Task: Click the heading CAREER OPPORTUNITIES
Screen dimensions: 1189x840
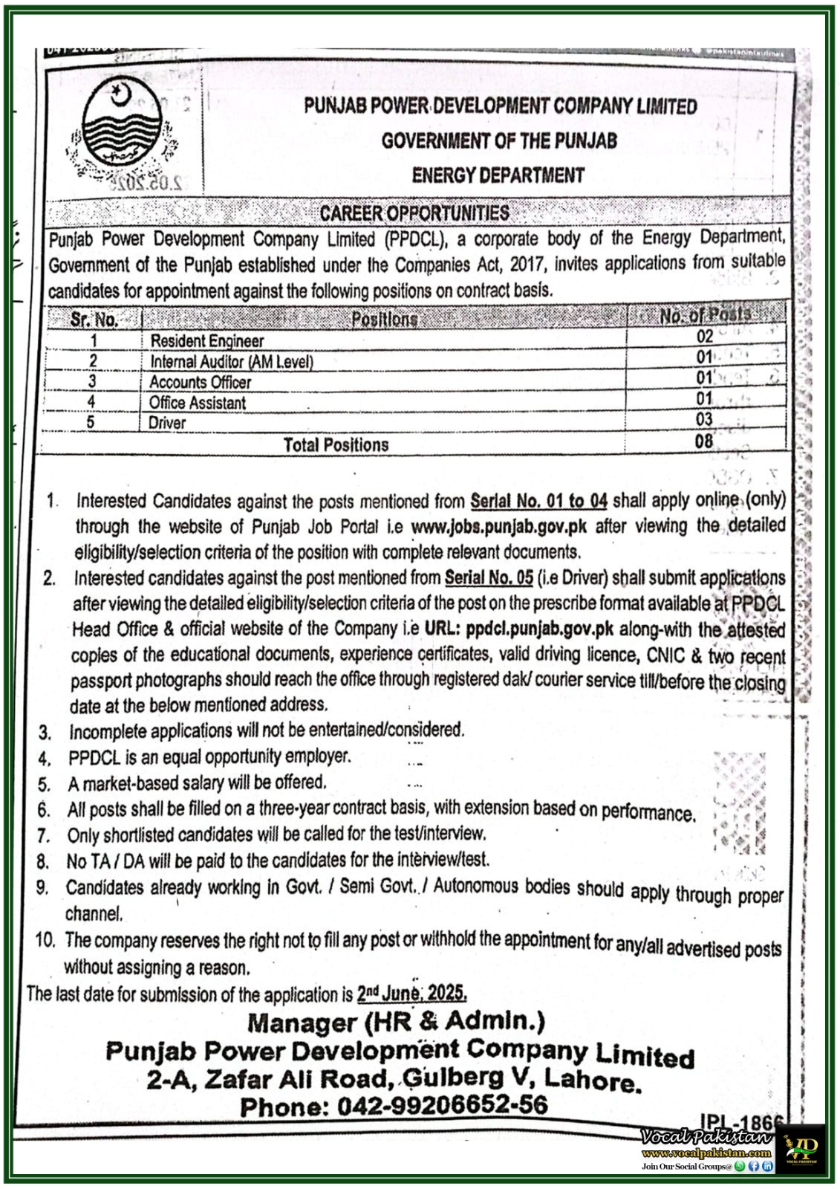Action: pyautogui.click(x=414, y=213)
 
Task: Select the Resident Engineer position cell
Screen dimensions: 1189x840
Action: pyautogui.click(x=206, y=341)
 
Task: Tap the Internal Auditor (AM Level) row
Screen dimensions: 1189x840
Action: pyautogui.click(x=231, y=362)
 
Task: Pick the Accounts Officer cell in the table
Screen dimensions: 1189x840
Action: pyautogui.click(x=200, y=382)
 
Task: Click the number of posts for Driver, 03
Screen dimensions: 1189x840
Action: pyautogui.click(x=703, y=420)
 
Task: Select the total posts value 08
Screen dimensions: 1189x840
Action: pyautogui.click(x=703, y=441)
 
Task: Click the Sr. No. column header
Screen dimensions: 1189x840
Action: pyautogui.click(x=94, y=320)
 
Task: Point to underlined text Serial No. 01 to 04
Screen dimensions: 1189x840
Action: pyautogui.click(x=538, y=501)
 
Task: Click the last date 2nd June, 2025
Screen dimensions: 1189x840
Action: pyautogui.click(x=411, y=994)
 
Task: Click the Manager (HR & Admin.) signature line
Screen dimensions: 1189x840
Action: pyautogui.click(x=396, y=1023)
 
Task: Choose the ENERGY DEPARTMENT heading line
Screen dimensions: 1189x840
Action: pyautogui.click(x=498, y=176)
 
